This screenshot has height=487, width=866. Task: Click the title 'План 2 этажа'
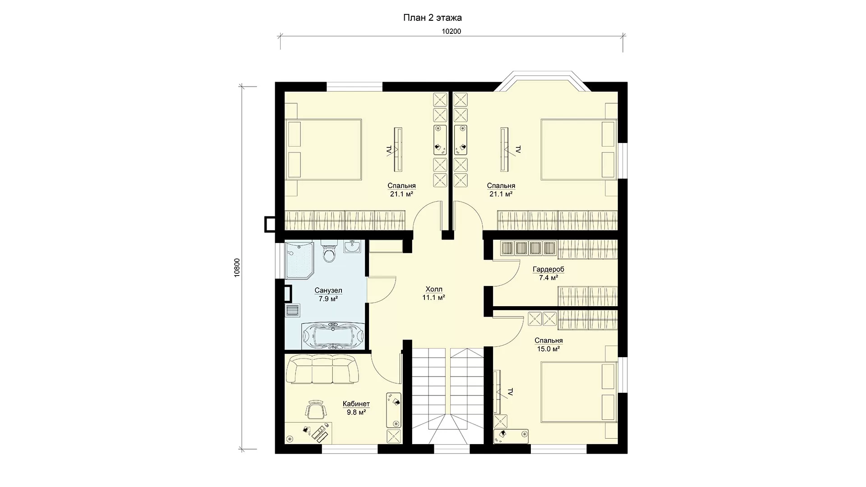[432, 18]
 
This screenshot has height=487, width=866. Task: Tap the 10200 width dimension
[451, 31]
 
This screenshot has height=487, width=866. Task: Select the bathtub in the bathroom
[332, 336]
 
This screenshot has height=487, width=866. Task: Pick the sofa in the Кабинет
[323, 368]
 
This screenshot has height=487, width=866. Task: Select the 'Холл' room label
[434, 289]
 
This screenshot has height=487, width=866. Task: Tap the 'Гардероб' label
[548, 269]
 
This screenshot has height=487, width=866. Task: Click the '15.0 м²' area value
[548, 349]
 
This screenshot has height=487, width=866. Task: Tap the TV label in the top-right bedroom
[518, 150]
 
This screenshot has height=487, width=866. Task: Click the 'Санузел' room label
[328, 290]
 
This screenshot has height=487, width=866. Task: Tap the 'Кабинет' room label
[356, 404]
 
